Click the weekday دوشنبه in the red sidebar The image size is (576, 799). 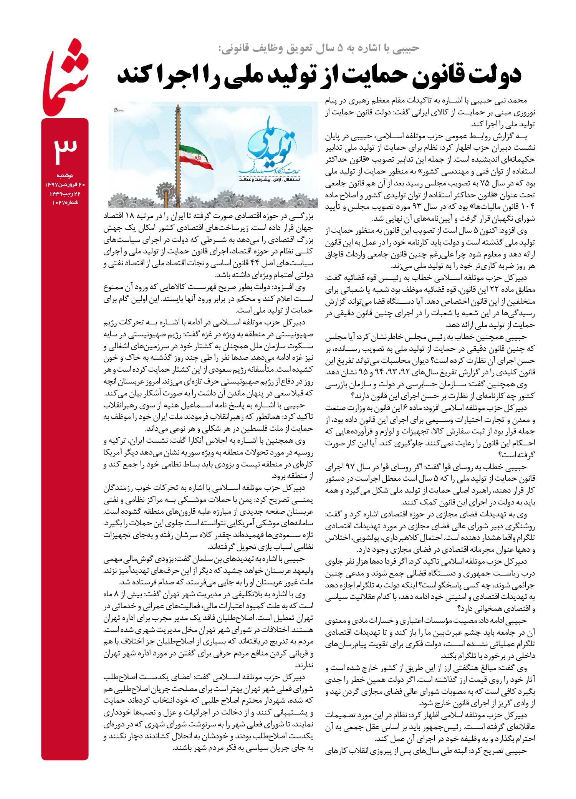point(65,175)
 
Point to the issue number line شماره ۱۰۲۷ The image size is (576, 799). point(65,202)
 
